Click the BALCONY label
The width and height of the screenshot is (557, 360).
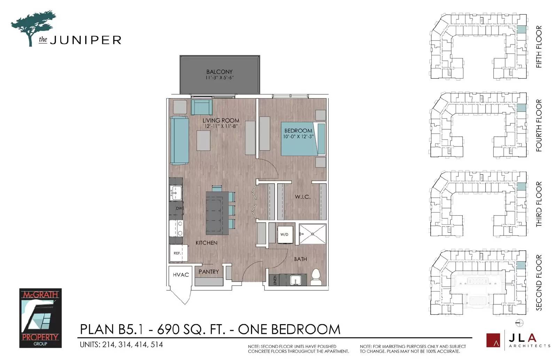(219, 72)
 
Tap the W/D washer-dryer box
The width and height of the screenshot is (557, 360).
(285, 234)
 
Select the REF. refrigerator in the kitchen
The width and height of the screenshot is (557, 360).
(178, 253)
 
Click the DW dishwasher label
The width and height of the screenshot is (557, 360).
(179, 208)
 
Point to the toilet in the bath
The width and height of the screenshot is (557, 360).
(316, 277)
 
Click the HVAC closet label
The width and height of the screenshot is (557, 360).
(181, 275)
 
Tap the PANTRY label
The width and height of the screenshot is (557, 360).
(209, 272)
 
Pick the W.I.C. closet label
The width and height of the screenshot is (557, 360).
(303, 197)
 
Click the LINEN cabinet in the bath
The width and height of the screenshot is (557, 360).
(275, 280)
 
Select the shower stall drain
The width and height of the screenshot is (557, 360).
(313, 234)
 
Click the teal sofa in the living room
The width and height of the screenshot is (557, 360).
(180, 141)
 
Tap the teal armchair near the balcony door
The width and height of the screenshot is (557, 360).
(202, 107)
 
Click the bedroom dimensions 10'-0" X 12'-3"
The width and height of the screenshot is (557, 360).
(298, 136)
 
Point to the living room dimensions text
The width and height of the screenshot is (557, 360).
(221, 126)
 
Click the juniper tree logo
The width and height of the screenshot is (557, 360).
(33, 28)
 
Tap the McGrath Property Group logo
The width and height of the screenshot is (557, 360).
(40, 318)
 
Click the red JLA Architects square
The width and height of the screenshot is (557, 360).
(493, 340)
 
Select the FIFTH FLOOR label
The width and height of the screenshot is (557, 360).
(539, 47)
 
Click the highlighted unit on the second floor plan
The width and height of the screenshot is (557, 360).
(521, 265)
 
